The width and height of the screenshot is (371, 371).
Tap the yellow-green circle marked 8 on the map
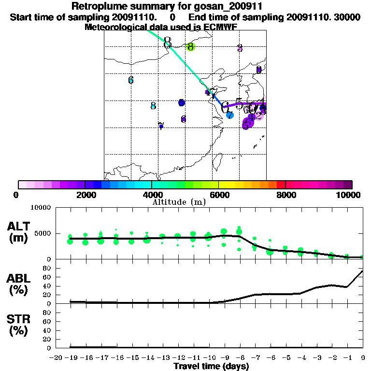pos(190,47)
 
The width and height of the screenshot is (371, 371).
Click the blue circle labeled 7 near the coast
pos(230,115)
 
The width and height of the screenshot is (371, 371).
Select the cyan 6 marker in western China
pos(131,80)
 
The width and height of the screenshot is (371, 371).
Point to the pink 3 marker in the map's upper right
pos(240,48)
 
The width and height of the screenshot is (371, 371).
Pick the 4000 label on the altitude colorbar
pos(152,195)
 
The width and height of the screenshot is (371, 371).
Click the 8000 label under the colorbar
pos(285,195)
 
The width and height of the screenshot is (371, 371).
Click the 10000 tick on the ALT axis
pos(41,208)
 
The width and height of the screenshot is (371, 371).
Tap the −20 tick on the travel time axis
pos(56,357)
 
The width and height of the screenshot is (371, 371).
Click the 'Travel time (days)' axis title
pos(211,366)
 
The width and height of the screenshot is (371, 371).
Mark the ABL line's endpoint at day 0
pos(363,271)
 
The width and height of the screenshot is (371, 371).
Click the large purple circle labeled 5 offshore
pos(247,124)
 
